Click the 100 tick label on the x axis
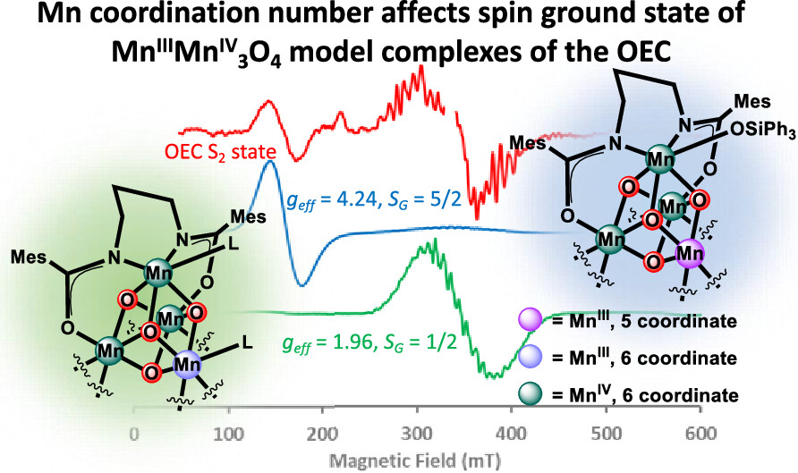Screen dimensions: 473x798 click(230, 435)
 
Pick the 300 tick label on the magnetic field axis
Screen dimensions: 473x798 click(417, 435)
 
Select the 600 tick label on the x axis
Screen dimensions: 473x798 click(700, 435)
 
